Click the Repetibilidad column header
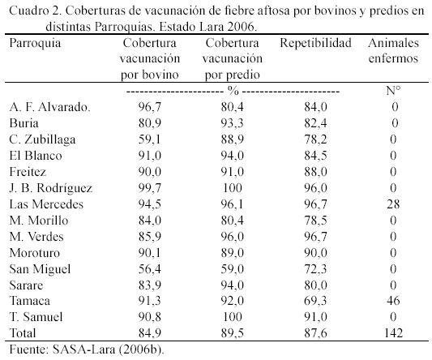pyautogui.click(x=315, y=44)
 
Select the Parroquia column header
pyautogui.click(x=35, y=44)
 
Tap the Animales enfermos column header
pyautogui.click(x=393, y=51)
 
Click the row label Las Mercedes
pyautogui.click(x=46, y=204)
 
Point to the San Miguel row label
pyautogui.click(x=40, y=269)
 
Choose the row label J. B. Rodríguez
pyautogui.click(x=51, y=188)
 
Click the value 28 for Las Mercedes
pyautogui.click(x=393, y=204)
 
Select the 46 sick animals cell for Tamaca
pyautogui.click(x=393, y=301)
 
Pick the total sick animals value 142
pyautogui.click(x=393, y=333)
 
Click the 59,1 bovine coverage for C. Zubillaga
pyautogui.click(x=150, y=139)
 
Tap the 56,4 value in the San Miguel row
pyautogui.click(x=150, y=269)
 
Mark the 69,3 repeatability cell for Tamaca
pyautogui.click(x=315, y=301)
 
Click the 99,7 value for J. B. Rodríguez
pyautogui.click(x=150, y=188)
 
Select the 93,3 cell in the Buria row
pyautogui.click(x=233, y=123)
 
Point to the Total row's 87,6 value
pyautogui.click(x=315, y=333)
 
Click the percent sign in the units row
pyautogui.click(x=233, y=91)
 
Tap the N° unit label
pyautogui.click(x=393, y=91)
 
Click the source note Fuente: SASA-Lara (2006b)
pyautogui.click(x=87, y=349)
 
